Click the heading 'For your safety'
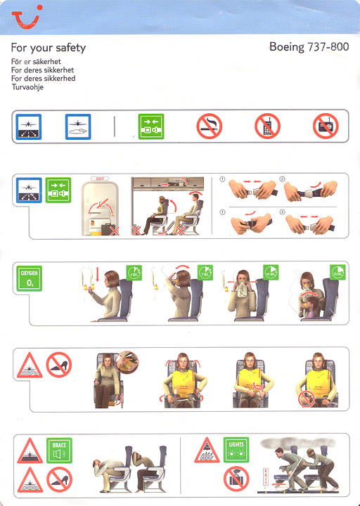[x=49, y=48]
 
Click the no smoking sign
[x=209, y=126]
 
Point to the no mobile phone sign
[x=267, y=126]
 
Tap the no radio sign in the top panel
[x=326, y=126]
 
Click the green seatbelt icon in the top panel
[x=150, y=126]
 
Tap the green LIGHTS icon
[x=236, y=450]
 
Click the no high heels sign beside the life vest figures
[x=59, y=365]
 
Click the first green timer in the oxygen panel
[x=135, y=273]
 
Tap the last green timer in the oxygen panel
[x=338, y=273]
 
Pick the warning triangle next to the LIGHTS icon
[x=207, y=450]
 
